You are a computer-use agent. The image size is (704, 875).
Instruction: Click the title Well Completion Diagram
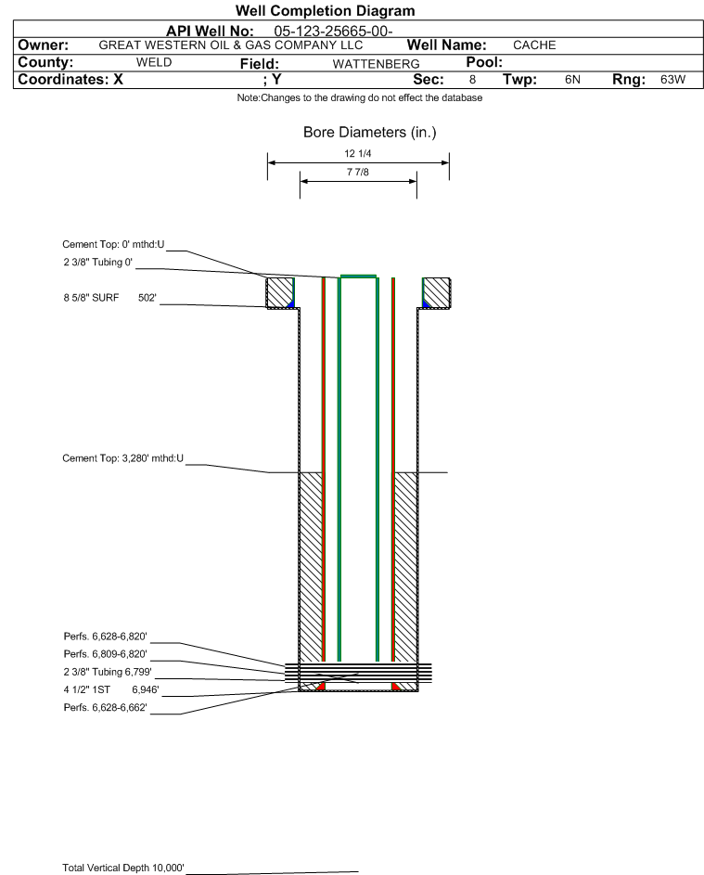pyautogui.click(x=326, y=10)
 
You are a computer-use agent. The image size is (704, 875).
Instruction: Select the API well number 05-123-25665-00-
pyautogui.click(x=333, y=32)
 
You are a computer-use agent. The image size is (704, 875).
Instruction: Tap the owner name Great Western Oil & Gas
pyautogui.click(x=230, y=45)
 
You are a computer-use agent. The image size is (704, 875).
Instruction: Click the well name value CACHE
pyautogui.click(x=534, y=45)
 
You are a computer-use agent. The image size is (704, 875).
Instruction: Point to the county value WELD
pyautogui.click(x=154, y=62)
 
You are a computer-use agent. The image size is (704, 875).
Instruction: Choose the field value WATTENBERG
pyautogui.click(x=376, y=64)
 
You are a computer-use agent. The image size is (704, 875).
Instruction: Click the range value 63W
pyautogui.click(x=672, y=79)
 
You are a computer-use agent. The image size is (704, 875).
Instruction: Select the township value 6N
pyautogui.click(x=572, y=79)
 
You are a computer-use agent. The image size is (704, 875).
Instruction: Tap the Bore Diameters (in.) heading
pyautogui.click(x=370, y=133)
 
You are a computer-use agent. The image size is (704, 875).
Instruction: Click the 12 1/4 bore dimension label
pyautogui.click(x=358, y=153)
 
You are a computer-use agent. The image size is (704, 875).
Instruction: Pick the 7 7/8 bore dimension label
pyautogui.click(x=358, y=172)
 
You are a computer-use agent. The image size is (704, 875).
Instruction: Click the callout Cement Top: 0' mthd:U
pyautogui.click(x=113, y=244)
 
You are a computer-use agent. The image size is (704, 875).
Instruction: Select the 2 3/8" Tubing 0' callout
pyautogui.click(x=97, y=263)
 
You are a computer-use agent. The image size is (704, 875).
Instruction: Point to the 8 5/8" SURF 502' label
pyautogui.click(x=109, y=298)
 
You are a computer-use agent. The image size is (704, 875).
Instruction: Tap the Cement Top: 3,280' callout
pyautogui.click(x=122, y=458)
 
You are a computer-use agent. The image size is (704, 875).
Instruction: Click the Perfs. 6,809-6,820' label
pyautogui.click(x=105, y=654)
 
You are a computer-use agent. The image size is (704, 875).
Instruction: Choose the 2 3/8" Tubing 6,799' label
pyautogui.click(x=107, y=672)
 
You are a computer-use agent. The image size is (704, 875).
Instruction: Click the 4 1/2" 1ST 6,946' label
pyautogui.click(x=111, y=689)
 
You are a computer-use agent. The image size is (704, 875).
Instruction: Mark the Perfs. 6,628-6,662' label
pyautogui.click(x=105, y=708)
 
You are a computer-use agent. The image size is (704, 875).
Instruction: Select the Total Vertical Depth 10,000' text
pyautogui.click(x=123, y=868)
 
